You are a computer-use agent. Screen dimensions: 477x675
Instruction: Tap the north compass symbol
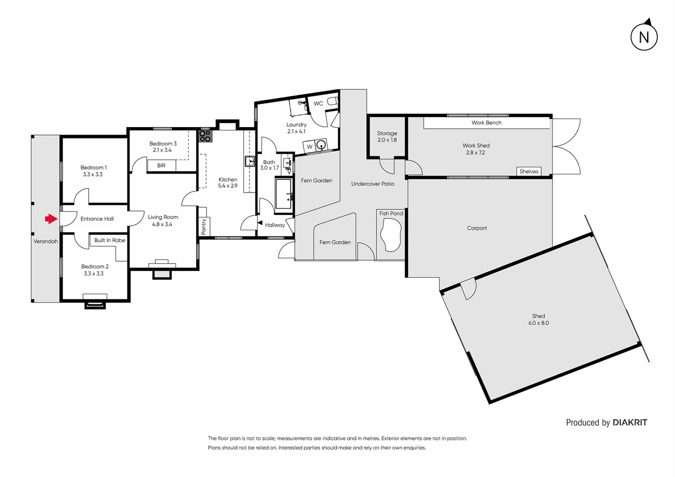644,37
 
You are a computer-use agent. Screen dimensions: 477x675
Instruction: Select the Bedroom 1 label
94,168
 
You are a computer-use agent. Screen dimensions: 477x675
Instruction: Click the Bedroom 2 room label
95,267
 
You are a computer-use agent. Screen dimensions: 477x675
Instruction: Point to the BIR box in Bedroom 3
161,166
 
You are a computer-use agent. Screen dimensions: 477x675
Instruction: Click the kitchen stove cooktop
205,136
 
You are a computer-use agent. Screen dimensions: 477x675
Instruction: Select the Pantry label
204,227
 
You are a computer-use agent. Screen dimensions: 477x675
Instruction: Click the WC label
318,104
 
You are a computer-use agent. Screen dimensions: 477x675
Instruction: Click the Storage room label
387,133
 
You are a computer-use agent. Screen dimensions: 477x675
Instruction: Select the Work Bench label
486,123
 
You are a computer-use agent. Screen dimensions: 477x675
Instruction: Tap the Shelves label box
529,171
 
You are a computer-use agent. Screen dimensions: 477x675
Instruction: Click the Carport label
477,228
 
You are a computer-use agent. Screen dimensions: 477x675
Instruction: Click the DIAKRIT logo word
630,423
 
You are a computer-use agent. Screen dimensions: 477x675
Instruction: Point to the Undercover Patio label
373,184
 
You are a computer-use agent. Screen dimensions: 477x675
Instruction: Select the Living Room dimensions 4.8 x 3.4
162,224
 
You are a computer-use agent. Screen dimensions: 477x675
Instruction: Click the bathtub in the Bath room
283,193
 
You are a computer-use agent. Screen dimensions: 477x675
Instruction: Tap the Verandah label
46,242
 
